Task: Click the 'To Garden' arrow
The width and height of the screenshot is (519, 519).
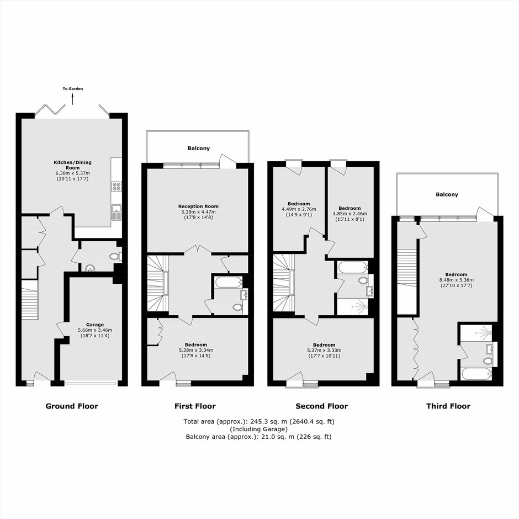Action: point(72,99)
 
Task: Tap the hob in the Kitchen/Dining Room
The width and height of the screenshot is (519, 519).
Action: point(116,187)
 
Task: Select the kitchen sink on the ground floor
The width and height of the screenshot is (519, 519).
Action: point(116,213)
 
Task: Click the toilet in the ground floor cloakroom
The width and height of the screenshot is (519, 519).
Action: point(115,257)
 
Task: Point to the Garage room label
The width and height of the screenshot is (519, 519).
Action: point(95,325)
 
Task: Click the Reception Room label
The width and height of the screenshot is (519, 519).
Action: point(198,206)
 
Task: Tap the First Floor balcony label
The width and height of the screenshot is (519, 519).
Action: point(199,149)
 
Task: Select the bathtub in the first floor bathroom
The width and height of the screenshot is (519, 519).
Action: point(229,283)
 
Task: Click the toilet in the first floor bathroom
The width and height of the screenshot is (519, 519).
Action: point(237,308)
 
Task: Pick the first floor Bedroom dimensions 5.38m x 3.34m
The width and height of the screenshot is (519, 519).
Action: point(196,350)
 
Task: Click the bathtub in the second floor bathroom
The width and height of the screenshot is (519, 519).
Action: point(353,267)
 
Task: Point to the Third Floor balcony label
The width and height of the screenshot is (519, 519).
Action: point(447,194)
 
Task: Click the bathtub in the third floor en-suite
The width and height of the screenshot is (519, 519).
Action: point(476,374)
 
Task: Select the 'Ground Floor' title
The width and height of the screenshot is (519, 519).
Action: point(72,406)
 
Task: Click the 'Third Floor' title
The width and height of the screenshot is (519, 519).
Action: point(448,406)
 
